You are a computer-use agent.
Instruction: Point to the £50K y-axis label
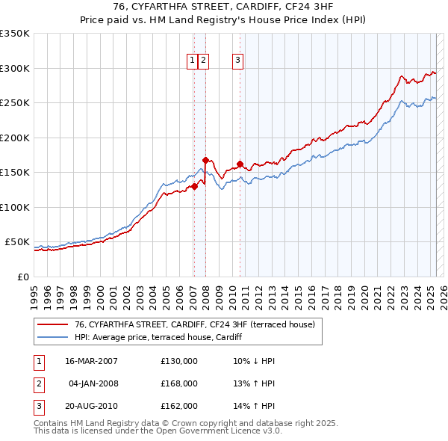(17, 242)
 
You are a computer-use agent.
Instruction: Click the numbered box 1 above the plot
(193, 61)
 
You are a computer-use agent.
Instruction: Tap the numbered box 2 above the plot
(203, 61)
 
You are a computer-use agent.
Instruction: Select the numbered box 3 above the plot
(237, 61)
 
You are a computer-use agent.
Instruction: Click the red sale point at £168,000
(205, 160)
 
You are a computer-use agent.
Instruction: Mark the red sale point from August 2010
(240, 164)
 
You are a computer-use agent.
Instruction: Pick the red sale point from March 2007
(194, 186)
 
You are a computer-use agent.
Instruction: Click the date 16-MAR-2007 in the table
(91, 361)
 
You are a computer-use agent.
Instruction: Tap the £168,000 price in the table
(179, 383)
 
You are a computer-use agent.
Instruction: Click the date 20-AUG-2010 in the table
(92, 407)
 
